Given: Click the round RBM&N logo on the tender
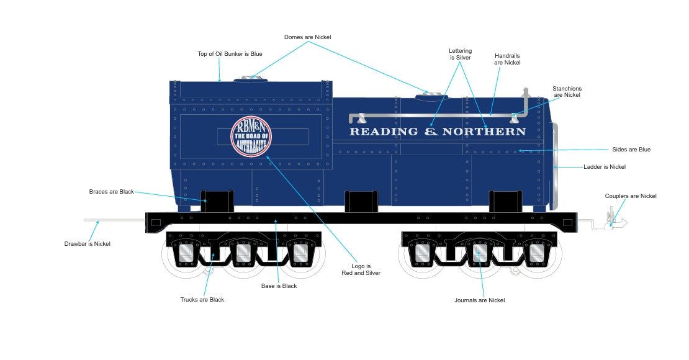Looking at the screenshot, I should coord(251,137).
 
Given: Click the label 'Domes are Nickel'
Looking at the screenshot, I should coord(307,37).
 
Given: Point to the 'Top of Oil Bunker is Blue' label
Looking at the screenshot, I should coord(230,54).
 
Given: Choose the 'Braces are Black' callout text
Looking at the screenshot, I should coord(111,192).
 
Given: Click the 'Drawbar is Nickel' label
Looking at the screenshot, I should coord(88,244).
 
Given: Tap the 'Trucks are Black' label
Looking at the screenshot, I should coord(202,300).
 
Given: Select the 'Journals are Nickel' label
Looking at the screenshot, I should coord(479,300).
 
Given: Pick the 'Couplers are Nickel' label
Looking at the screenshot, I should coord(630,196).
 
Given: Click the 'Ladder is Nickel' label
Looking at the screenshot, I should coord(604,167).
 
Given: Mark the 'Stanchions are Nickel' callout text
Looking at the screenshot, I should coord(567,92).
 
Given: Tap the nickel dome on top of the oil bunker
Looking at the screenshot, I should coord(251,79).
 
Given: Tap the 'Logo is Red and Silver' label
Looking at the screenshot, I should coord(361,269).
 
